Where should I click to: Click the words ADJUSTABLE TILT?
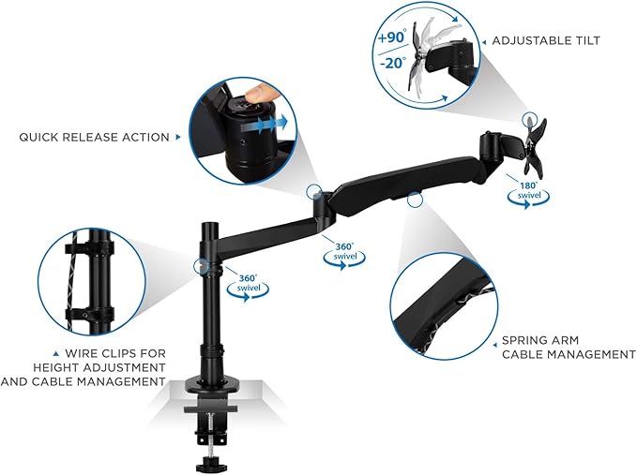click(546, 40)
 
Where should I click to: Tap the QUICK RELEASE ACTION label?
click(94, 137)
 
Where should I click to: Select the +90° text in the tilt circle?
click(391, 37)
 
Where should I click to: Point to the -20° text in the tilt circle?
click(392, 63)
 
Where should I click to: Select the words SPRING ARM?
click(540, 340)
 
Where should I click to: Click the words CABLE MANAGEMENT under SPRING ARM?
click(569, 354)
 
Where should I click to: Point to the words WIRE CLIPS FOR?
click(115, 353)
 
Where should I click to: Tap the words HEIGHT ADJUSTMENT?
click(99, 367)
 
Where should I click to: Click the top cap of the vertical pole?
click(210, 225)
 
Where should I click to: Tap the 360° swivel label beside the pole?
click(248, 288)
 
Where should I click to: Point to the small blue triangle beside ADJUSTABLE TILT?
click(484, 42)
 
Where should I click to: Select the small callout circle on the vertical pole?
click(202, 266)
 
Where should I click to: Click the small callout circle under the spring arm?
click(415, 200)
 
